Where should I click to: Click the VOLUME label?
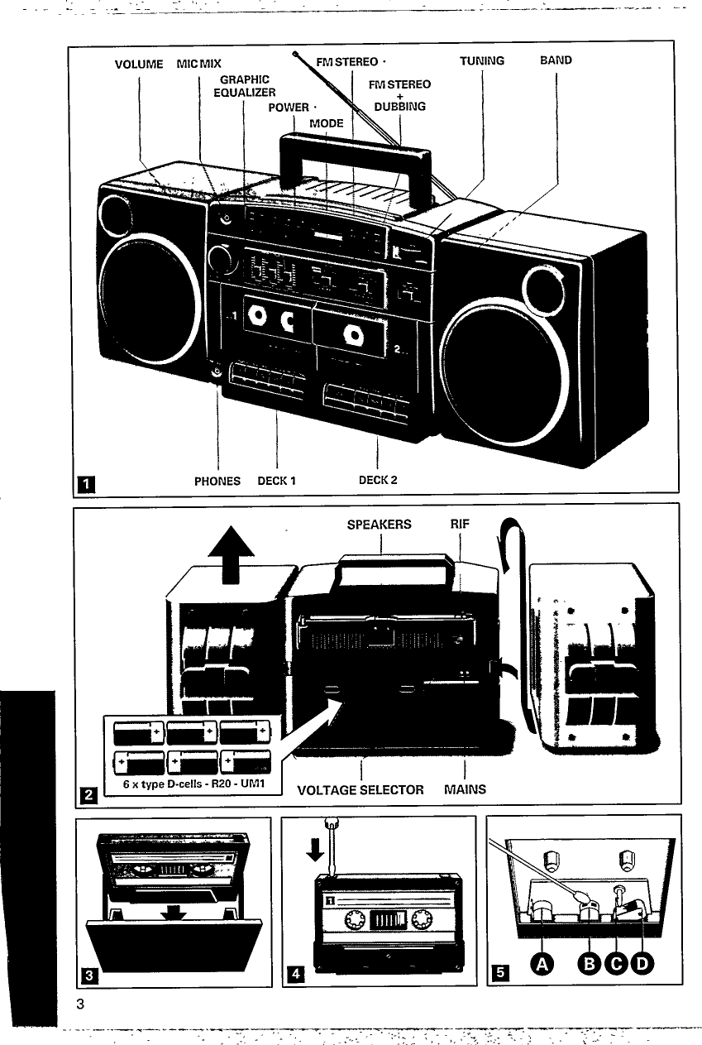[140, 62]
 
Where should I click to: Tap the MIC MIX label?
[199, 62]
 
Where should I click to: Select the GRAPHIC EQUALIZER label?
[245, 86]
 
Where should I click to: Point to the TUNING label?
[482, 60]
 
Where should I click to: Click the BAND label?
[556, 60]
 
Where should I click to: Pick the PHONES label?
[217, 481]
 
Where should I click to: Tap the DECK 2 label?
[378, 480]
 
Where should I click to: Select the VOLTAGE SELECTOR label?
[360, 789]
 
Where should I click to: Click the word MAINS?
[465, 789]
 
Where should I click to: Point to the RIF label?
[460, 525]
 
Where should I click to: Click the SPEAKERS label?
[379, 525]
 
